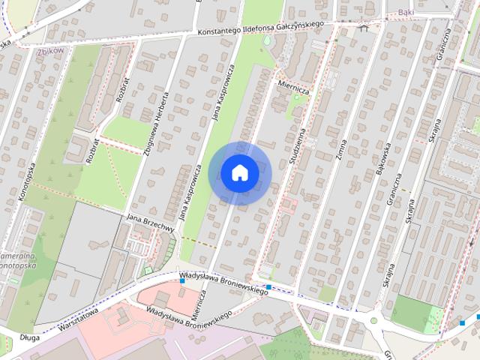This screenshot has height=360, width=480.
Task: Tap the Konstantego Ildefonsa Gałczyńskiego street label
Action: (x=260, y=27)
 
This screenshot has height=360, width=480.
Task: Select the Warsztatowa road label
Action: (x=75, y=319)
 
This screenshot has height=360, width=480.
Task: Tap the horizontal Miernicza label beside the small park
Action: (x=293, y=85)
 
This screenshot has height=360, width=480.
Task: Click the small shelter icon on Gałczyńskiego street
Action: (x=364, y=29)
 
